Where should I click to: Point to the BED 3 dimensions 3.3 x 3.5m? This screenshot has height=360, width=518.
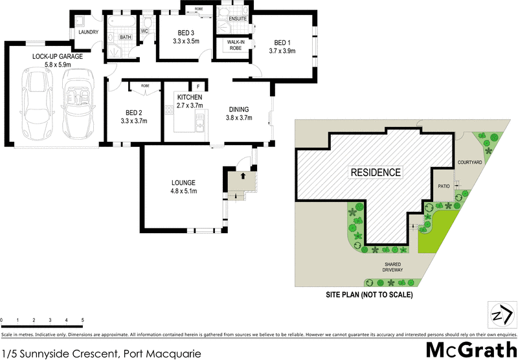click(186, 41)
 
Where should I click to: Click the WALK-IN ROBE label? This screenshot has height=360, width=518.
click(234, 45)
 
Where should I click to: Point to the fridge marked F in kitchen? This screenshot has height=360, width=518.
click(198, 86)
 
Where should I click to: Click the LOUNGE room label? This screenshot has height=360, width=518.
click(183, 183)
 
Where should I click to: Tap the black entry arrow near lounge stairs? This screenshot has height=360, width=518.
click(243, 175)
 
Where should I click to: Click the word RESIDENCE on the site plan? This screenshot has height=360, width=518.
click(376, 172)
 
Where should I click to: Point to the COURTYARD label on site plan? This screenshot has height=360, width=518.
click(469, 162)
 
